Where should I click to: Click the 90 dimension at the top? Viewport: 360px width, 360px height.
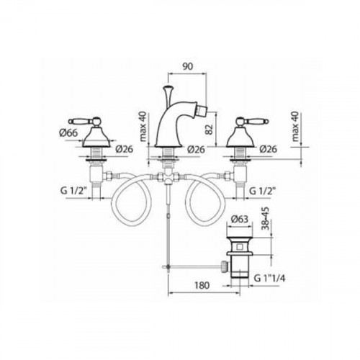click(x=188, y=66)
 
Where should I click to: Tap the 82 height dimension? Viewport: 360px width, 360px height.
click(x=210, y=129)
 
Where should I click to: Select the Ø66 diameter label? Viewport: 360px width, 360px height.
click(x=68, y=132)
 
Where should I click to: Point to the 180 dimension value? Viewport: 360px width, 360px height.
click(x=202, y=285)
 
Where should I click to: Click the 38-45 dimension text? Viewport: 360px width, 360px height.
click(x=266, y=218)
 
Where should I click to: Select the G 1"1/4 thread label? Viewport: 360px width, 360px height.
click(x=269, y=279)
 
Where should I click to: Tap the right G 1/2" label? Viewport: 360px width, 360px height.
click(x=262, y=191)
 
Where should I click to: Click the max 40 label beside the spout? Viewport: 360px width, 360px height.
click(x=143, y=127)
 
